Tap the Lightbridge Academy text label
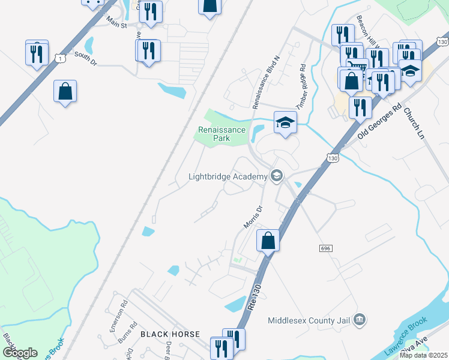click(x=227, y=176)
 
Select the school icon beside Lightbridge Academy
click(x=276, y=176)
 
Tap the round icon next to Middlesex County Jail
click(x=360, y=319)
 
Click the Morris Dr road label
click(x=253, y=217)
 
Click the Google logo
click(x=20, y=352)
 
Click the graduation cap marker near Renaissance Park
click(x=285, y=124)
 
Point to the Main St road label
click(x=117, y=25)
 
